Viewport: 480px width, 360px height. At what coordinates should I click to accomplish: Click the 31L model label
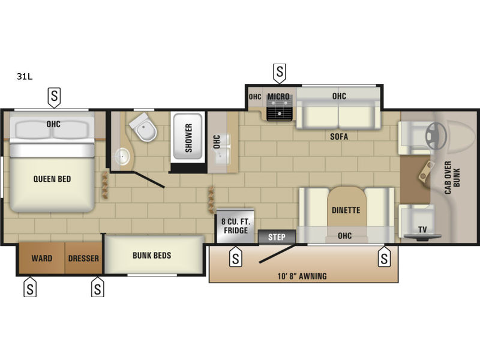click(x=25, y=77)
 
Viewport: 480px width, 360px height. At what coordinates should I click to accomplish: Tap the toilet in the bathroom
click(x=143, y=127)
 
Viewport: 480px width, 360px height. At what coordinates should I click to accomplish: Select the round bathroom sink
click(x=122, y=157)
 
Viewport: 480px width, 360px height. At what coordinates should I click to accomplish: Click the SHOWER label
click(x=188, y=138)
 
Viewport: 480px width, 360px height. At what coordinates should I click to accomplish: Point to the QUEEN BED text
click(x=52, y=179)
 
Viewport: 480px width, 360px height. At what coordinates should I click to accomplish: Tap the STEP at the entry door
click(x=277, y=237)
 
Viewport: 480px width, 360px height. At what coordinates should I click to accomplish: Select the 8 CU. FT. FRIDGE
click(x=235, y=226)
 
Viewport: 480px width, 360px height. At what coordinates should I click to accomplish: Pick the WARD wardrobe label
click(x=41, y=259)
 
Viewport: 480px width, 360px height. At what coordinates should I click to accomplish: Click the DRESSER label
click(x=83, y=259)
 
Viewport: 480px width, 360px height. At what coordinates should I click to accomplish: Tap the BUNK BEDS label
click(x=152, y=256)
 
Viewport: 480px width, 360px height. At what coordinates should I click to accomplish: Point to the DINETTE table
click(x=347, y=208)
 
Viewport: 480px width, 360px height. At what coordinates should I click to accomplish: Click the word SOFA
click(x=339, y=137)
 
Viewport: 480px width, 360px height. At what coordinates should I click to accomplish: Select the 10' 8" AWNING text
click(x=302, y=277)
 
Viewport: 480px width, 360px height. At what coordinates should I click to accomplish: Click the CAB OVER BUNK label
click(x=452, y=178)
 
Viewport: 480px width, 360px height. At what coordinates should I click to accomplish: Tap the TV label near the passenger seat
click(x=422, y=229)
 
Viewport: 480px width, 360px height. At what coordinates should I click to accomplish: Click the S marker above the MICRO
click(x=280, y=73)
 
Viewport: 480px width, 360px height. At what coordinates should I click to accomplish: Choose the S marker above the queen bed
click(x=54, y=98)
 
